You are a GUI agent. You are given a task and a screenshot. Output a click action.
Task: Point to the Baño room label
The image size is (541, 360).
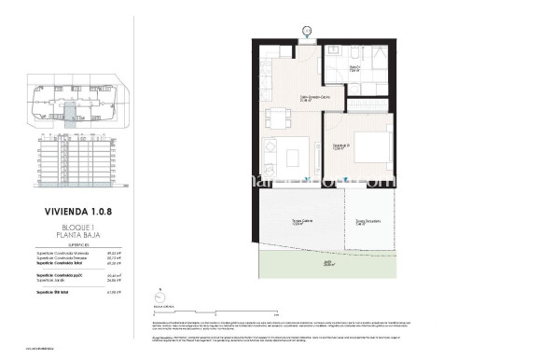[355, 67]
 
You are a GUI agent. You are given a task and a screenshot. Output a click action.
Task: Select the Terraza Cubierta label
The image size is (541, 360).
[298, 222]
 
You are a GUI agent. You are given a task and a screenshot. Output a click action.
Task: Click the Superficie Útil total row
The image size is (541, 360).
[77, 292]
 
